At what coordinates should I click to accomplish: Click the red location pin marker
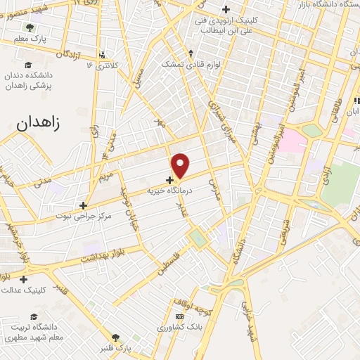181,165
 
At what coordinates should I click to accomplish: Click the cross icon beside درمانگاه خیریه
169,179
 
